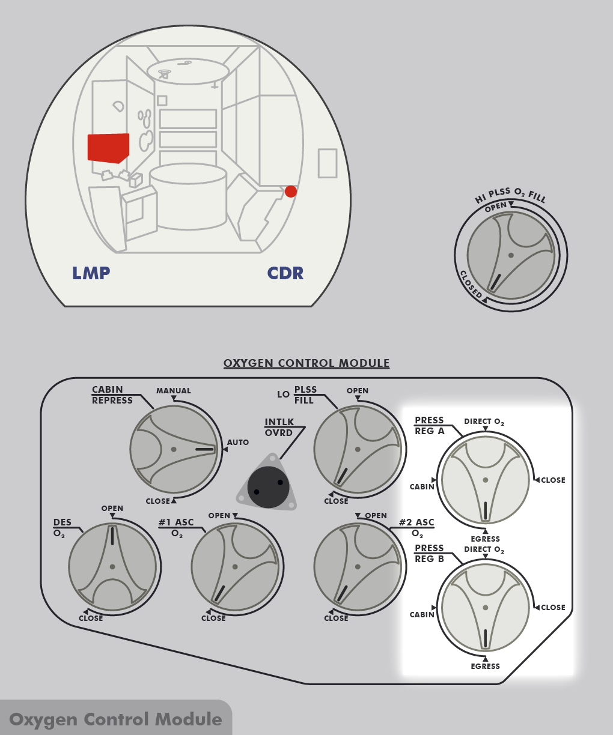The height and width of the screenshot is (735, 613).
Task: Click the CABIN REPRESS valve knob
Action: (x=174, y=449)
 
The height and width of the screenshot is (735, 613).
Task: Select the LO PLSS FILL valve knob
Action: (x=358, y=449)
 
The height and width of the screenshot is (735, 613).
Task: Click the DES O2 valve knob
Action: (x=112, y=566)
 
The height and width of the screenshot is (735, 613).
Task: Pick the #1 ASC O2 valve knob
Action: (x=235, y=566)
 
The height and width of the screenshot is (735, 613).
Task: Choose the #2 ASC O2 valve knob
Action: (x=358, y=566)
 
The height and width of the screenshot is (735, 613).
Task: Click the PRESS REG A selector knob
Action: (x=485, y=480)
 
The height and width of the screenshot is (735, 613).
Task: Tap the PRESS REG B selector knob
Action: (x=485, y=608)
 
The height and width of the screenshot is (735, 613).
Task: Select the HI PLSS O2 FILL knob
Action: (x=511, y=255)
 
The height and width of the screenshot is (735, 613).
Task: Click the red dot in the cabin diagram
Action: (x=291, y=192)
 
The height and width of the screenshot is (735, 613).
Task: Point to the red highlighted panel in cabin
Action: (x=108, y=148)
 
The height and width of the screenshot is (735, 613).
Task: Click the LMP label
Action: (x=91, y=274)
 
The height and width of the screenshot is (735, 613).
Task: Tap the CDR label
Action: (x=285, y=274)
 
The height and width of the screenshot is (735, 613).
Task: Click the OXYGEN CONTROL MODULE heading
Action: (x=306, y=363)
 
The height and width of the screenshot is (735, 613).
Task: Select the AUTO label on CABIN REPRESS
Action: (x=238, y=443)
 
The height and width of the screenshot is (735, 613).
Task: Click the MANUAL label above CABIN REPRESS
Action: (x=174, y=391)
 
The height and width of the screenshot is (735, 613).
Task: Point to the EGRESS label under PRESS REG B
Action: (x=486, y=666)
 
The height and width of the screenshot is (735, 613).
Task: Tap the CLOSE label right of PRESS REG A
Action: (x=553, y=480)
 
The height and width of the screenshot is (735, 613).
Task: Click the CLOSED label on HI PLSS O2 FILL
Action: (x=471, y=284)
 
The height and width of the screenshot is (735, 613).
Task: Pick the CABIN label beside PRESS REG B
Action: (x=422, y=615)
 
